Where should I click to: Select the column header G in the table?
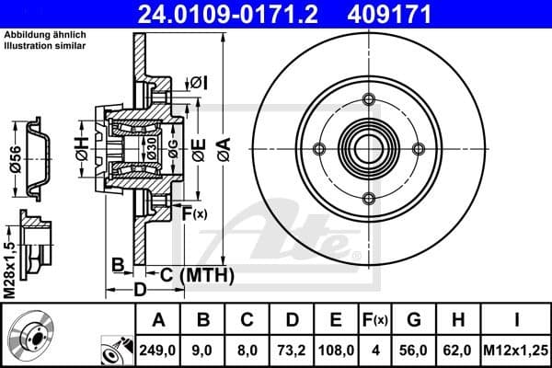tap(413, 321)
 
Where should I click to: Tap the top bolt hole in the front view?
tap(369, 100)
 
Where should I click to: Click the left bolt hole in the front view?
tap(319, 149)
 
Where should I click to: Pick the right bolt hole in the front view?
tap(419, 149)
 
